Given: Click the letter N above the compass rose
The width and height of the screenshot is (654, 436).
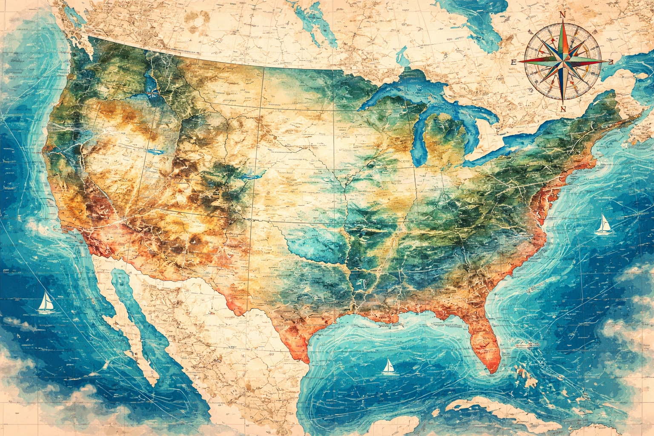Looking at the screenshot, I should click(x=562, y=15).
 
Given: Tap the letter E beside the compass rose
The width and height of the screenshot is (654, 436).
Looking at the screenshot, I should click(x=513, y=62).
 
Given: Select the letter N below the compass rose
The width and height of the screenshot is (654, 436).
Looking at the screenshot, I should click(x=563, y=109).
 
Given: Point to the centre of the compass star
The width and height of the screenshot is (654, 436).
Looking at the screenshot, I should click(x=562, y=61).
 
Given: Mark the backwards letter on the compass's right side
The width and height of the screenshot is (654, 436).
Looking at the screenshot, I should click(x=610, y=61).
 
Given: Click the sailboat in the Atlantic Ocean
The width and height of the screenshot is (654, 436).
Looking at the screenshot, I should click(x=602, y=224).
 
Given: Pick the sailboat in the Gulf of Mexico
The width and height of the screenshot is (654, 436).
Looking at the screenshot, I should click(x=388, y=367).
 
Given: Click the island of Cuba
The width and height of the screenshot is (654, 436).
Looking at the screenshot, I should click(x=490, y=404).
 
